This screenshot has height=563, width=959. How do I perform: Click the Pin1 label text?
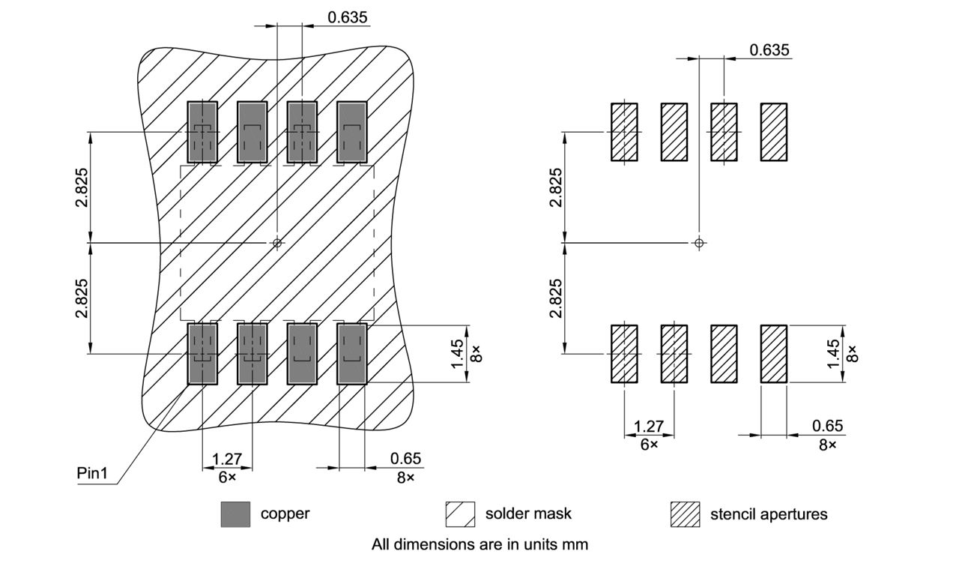pos(92,474)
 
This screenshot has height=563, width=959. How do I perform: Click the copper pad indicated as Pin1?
pos(202,354)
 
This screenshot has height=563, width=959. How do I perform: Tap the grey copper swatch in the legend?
pos(235,514)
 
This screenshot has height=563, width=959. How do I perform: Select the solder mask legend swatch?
pos(460,514)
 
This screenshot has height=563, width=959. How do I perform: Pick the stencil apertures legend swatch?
pos(685,514)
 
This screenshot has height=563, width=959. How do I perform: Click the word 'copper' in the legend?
pos(285,514)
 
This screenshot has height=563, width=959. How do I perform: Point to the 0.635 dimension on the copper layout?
pos(348,16)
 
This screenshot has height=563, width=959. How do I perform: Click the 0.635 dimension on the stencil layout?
pos(769,50)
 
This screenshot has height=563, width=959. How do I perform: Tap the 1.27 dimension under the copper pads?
pos(226,458)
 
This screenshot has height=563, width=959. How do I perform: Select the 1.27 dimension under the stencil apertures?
pos(649,427)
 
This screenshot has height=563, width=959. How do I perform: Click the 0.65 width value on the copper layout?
pos(405,458)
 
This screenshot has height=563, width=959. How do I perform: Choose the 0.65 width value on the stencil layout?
pos(827,427)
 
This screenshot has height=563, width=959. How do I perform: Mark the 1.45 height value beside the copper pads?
pos(458,354)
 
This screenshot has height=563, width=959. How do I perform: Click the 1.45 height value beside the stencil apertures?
pos(834,354)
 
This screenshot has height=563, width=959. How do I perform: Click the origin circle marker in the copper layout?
pos(277,242)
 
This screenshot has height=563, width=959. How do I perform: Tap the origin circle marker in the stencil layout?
pos(699,242)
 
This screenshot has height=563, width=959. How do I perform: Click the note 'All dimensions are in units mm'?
pos(479,544)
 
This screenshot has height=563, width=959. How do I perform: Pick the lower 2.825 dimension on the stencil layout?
pos(555,298)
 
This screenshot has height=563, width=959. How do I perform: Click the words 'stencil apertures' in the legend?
pos(769,514)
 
